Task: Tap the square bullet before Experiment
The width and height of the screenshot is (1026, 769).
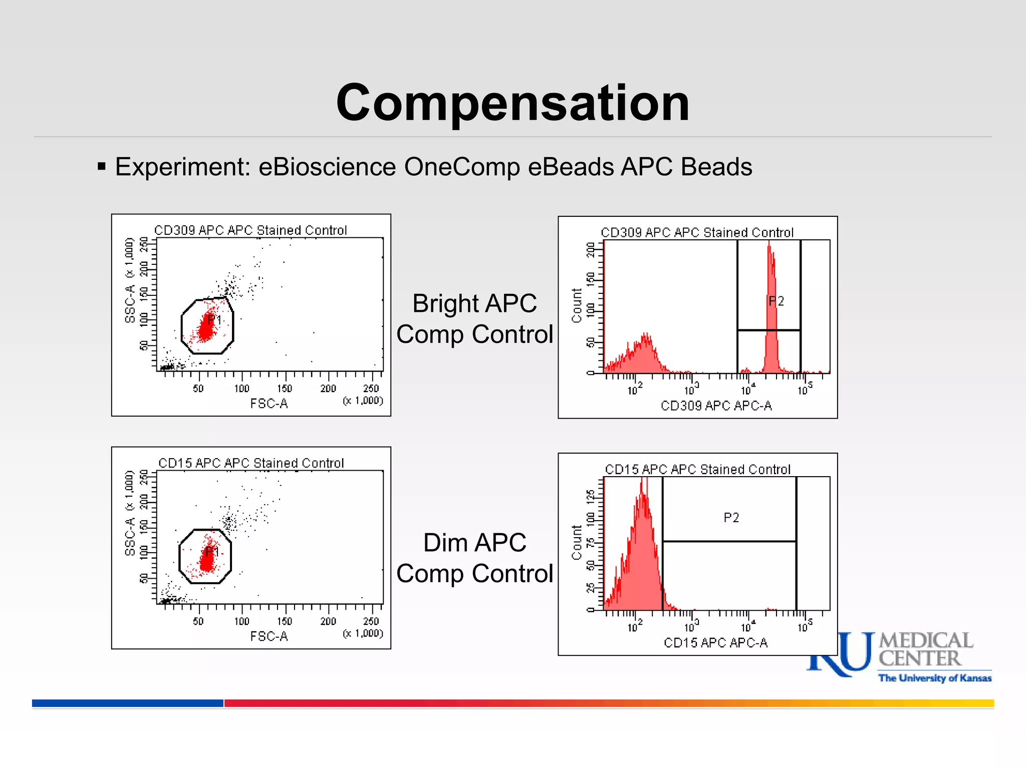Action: pos(102,166)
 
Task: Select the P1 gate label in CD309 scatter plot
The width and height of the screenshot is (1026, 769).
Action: pos(214,320)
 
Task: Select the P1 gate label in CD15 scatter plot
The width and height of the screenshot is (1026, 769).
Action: pos(212,552)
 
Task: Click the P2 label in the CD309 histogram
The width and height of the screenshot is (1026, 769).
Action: pos(776,301)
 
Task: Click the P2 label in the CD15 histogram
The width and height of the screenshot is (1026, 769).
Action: pos(731,518)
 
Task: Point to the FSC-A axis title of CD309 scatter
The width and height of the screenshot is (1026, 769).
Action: pos(269,404)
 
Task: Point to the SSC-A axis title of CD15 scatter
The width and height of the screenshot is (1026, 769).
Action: pos(130,537)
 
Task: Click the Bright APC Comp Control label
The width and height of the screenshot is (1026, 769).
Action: pos(474,318)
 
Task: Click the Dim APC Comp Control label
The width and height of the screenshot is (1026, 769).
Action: pos(474,558)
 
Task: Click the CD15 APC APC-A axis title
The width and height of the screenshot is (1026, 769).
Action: pos(715,642)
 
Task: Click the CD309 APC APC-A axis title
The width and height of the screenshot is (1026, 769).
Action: pos(716,406)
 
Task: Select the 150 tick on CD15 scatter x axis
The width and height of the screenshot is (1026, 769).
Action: pos(285,621)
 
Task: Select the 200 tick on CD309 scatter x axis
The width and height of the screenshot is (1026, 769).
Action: pos(328,389)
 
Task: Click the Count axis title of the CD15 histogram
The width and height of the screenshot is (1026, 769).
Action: pos(577,542)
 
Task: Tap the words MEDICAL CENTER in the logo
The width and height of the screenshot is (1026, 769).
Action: pos(925,649)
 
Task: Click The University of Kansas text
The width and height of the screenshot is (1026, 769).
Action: pos(935,678)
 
